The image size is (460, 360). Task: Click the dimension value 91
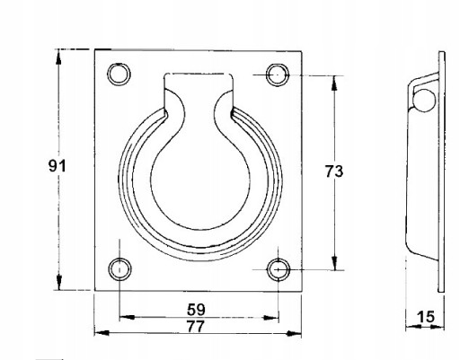tap(57, 165)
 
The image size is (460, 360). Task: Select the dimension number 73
tap(334, 171)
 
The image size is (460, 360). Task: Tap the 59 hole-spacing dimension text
tap(196, 310)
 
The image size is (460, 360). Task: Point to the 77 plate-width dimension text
tap(196, 326)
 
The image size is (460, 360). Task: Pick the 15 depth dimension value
tap(426, 317)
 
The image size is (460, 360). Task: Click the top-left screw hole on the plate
tap(119, 75)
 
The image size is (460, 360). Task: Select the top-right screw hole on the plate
tap(278, 75)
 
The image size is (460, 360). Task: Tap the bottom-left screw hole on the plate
tap(119, 269)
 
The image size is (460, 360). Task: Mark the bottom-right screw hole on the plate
tap(279, 269)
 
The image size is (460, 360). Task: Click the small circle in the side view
tap(424, 101)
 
